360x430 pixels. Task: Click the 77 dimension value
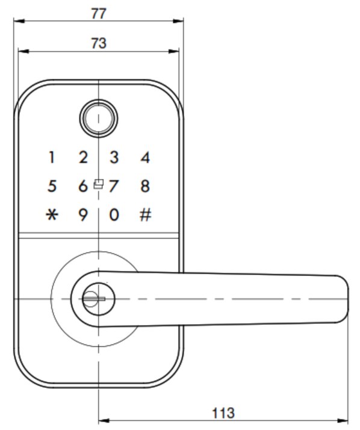pos(99,13)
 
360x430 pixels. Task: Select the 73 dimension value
pos(99,43)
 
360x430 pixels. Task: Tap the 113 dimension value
pos(223,413)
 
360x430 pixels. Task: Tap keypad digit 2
pos(83,158)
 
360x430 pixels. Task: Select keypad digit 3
pos(114,158)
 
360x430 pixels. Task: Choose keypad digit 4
pos(145,158)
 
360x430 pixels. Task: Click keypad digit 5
pos(52,186)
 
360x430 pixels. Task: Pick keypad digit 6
pos(83,186)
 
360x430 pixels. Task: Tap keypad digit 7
pos(114,186)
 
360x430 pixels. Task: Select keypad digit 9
pos(83,215)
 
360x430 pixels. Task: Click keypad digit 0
pos(114,215)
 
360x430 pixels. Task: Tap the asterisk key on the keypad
pos(52,215)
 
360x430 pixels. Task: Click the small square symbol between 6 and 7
pos(99,184)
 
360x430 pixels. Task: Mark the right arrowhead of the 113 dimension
pos(343,420)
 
